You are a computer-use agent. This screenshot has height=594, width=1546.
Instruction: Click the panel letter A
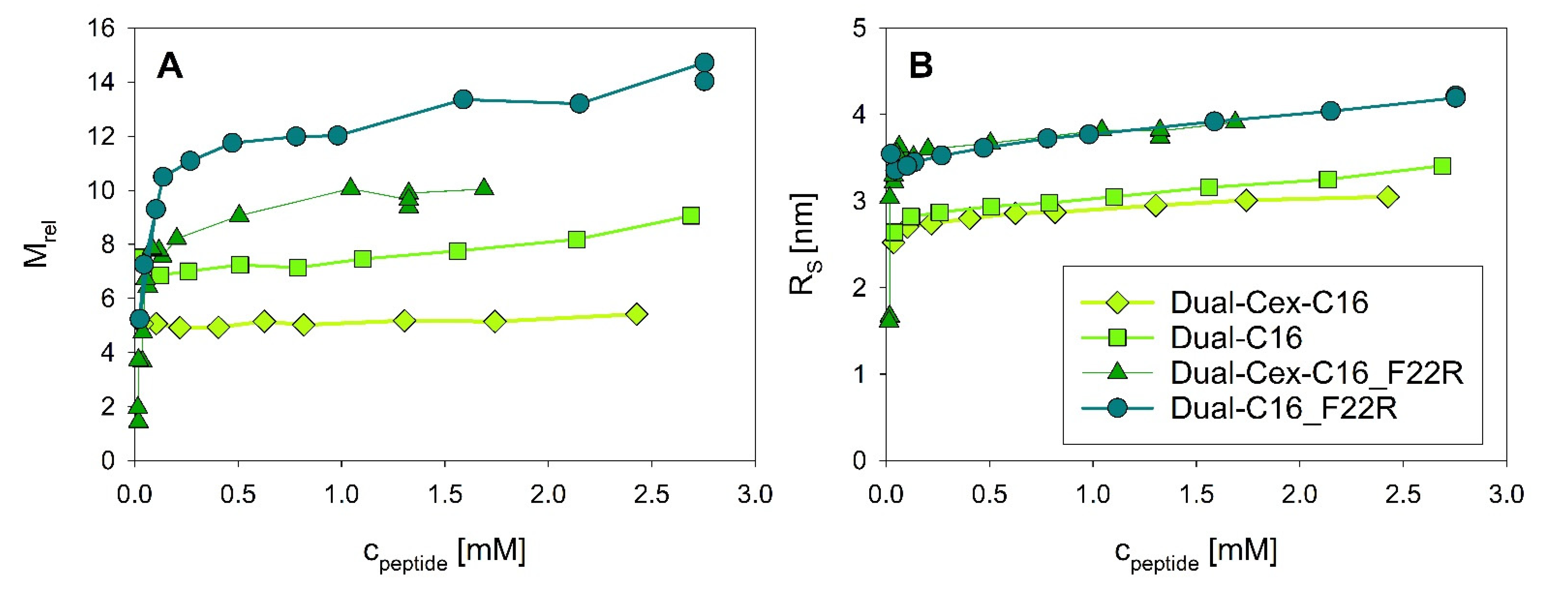click(x=170, y=65)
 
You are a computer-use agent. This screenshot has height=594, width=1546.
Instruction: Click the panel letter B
click(x=921, y=65)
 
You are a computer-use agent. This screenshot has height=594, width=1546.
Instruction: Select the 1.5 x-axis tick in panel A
click(x=445, y=494)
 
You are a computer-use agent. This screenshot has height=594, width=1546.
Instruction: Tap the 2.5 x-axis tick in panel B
click(x=1403, y=494)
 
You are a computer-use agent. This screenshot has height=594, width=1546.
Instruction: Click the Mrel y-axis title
click(x=39, y=243)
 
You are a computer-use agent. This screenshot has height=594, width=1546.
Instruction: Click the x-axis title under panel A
click(x=444, y=552)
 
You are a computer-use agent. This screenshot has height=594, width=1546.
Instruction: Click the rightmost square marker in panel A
click(x=691, y=216)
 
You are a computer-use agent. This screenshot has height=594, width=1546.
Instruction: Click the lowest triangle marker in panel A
click(x=138, y=419)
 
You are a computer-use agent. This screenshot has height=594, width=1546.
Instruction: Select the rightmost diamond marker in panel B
click(x=1388, y=197)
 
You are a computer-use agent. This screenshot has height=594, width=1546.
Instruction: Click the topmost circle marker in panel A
click(x=704, y=62)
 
